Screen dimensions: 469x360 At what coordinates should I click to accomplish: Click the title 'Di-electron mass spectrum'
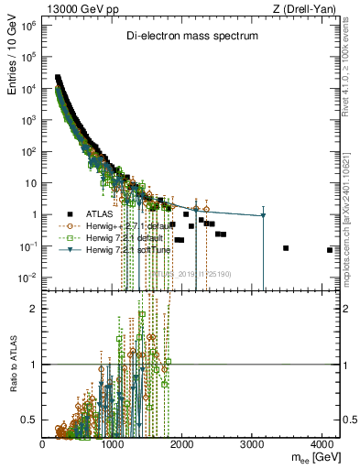click(x=192, y=36)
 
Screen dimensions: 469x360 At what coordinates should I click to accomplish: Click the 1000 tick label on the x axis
click(x=113, y=443)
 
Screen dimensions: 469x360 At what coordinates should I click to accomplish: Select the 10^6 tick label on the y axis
click(x=27, y=27)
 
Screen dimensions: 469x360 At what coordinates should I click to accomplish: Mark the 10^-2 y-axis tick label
click(x=27, y=278)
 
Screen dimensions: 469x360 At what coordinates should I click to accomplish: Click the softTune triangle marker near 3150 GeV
click(x=263, y=215)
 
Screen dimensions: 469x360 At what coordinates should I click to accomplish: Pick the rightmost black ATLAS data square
click(x=329, y=249)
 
